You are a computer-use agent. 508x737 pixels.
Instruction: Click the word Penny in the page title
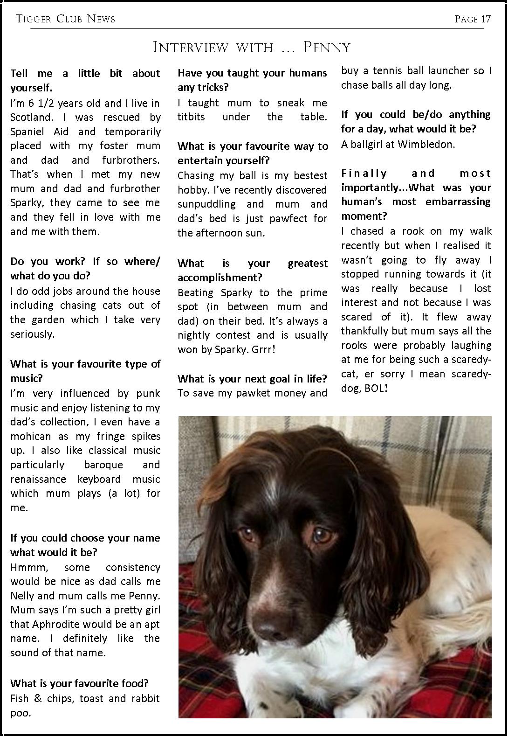click(x=327, y=48)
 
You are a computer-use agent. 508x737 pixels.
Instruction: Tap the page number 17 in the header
click(x=486, y=19)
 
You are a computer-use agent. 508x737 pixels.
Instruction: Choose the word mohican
click(x=29, y=436)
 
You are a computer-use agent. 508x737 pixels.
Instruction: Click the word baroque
click(x=103, y=465)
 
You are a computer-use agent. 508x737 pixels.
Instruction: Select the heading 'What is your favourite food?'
click(x=79, y=683)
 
